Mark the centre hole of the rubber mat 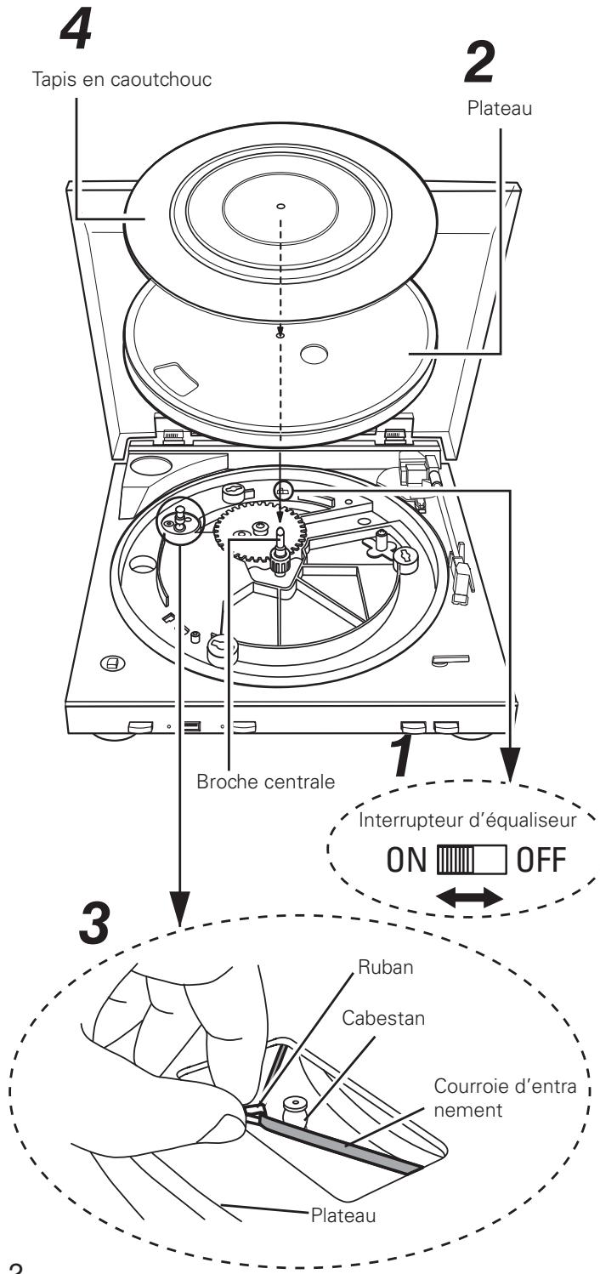(x=281, y=206)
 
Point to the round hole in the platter (x=314, y=354)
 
